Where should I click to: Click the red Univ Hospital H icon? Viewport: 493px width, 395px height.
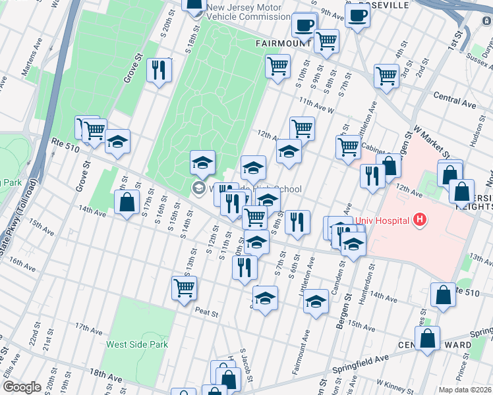[419, 220]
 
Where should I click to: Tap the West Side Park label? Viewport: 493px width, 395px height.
[138, 344]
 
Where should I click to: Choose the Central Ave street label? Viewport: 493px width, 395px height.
[455, 100]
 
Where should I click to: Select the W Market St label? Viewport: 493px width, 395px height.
[429, 143]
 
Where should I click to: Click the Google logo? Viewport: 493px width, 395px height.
[22, 387]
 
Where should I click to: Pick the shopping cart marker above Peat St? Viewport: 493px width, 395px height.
[184, 287]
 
